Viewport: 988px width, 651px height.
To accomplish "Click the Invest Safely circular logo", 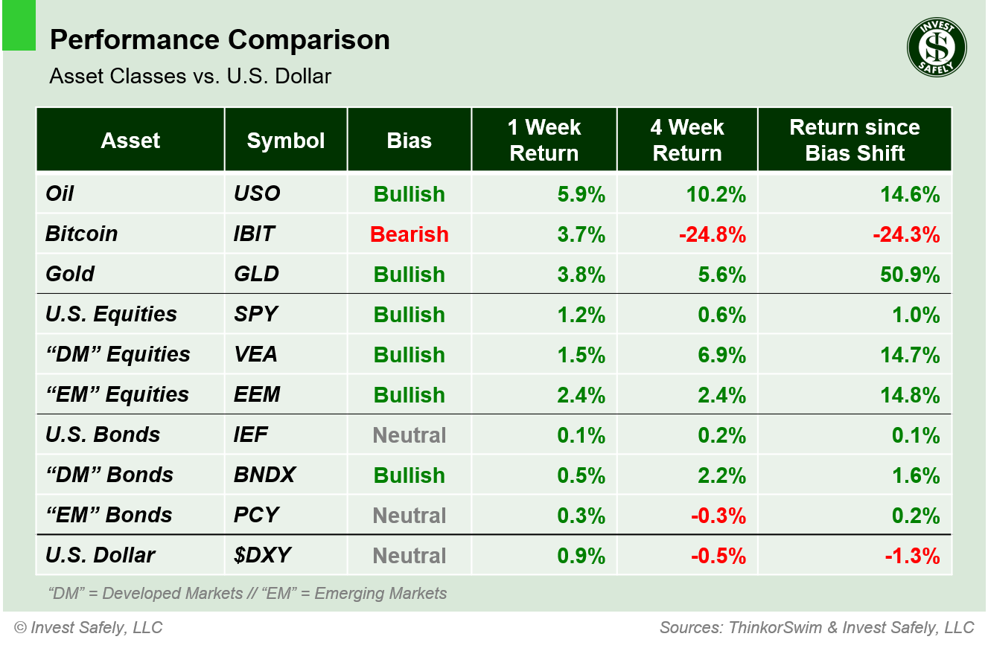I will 936,47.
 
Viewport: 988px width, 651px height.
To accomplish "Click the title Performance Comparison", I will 220,40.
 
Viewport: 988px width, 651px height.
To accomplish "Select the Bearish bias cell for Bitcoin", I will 409,234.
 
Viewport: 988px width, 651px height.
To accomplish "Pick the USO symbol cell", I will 257,194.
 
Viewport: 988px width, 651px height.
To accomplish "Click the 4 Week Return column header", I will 686,140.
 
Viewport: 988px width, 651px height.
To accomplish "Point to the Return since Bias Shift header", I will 854,140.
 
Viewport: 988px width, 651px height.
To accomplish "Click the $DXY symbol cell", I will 262,556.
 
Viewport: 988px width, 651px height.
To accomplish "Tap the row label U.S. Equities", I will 111,315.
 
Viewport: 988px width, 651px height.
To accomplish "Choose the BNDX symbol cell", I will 264,475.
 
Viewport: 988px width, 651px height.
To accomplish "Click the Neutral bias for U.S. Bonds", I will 409,435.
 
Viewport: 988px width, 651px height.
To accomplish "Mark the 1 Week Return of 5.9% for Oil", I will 581,194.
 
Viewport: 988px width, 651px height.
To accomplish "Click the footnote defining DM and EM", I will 247,594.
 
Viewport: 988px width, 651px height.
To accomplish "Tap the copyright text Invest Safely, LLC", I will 88,628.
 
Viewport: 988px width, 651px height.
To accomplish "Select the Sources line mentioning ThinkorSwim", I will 816,628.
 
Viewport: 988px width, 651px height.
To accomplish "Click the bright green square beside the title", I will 19,26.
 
